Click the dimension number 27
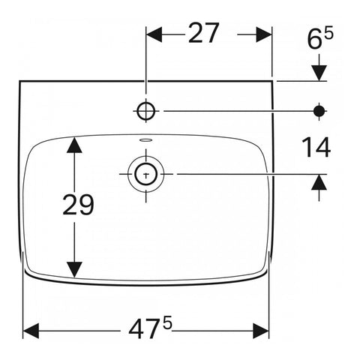[204, 33]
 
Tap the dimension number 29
[78, 205]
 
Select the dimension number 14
[316, 147]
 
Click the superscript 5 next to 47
[167, 324]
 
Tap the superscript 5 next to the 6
[328, 33]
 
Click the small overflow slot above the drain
[146, 139]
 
